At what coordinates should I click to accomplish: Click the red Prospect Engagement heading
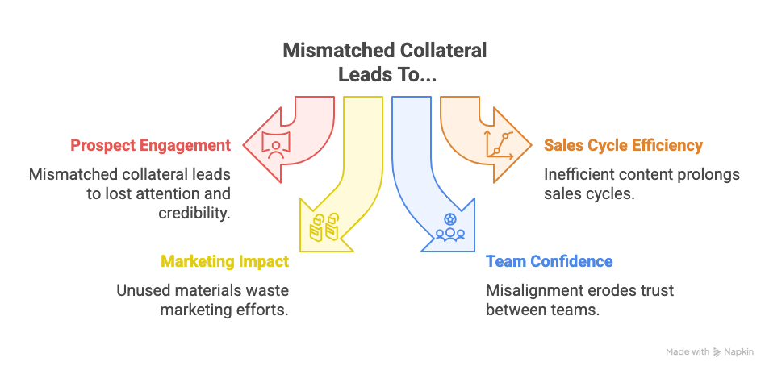(x=150, y=146)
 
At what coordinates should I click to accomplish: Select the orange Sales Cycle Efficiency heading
(x=623, y=146)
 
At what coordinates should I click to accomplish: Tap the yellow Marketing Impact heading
(x=224, y=262)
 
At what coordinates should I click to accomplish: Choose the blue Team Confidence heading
(x=549, y=262)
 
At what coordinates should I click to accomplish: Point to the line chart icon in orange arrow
(x=499, y=144)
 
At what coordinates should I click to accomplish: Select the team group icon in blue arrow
(x=449, y=227)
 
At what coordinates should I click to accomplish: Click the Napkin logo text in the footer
(x=738, y=352)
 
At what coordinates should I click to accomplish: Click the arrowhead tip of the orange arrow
(x=530, y=145)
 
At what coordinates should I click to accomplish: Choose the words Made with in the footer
(x=688, y=352)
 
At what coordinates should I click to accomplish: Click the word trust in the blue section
(x=657, y=290)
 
